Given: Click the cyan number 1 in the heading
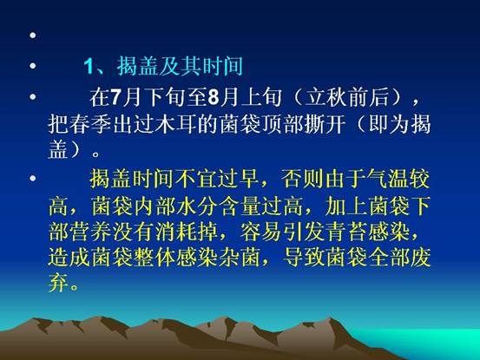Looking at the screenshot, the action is [x=89, y=66].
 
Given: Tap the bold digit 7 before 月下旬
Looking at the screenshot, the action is [x=115, y=97].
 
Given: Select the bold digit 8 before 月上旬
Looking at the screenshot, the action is [x=213, y=97].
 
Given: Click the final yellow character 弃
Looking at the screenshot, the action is [x=58, y=284].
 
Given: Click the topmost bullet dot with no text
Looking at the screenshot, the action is [x=33, y=36].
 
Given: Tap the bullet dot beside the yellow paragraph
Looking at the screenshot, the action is [x=33, y=178].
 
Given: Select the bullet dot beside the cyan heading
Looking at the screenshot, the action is [x=33, y=65].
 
